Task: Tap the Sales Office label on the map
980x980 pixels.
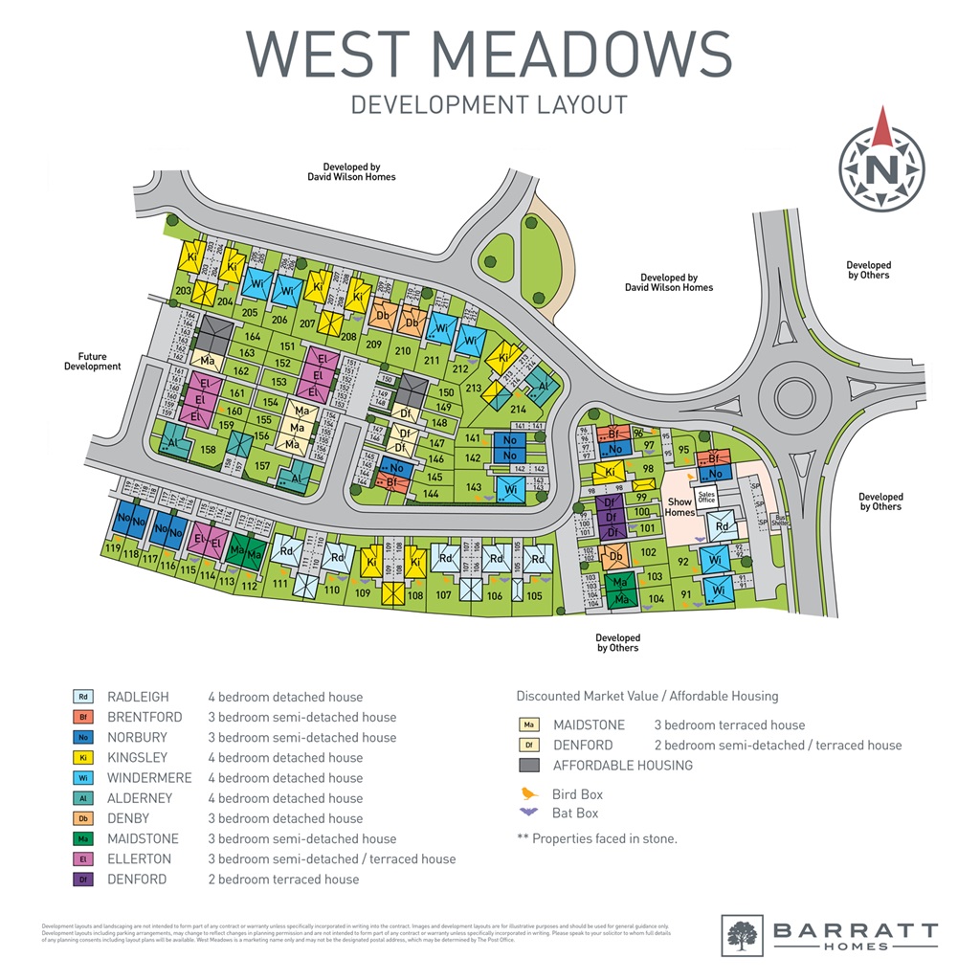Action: click(x=706, y=496)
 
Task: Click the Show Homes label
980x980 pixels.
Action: click(x=679, y=507)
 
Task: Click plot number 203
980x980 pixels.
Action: click(x=183, y=290)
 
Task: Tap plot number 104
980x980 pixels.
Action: click(x=656, y=599)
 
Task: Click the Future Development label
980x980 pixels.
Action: click(x=93, y=361)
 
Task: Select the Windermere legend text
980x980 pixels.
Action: click(x=149, y=778)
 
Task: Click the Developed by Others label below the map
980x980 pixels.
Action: click(x=617, y=643)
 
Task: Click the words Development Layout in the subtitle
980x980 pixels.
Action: click(x=489, y=104)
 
